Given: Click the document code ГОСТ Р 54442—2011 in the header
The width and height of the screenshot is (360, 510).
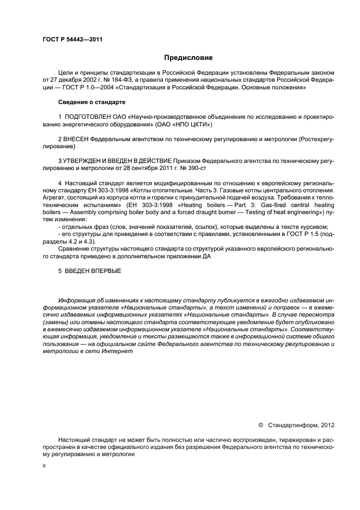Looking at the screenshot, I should [x=72, y=40].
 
